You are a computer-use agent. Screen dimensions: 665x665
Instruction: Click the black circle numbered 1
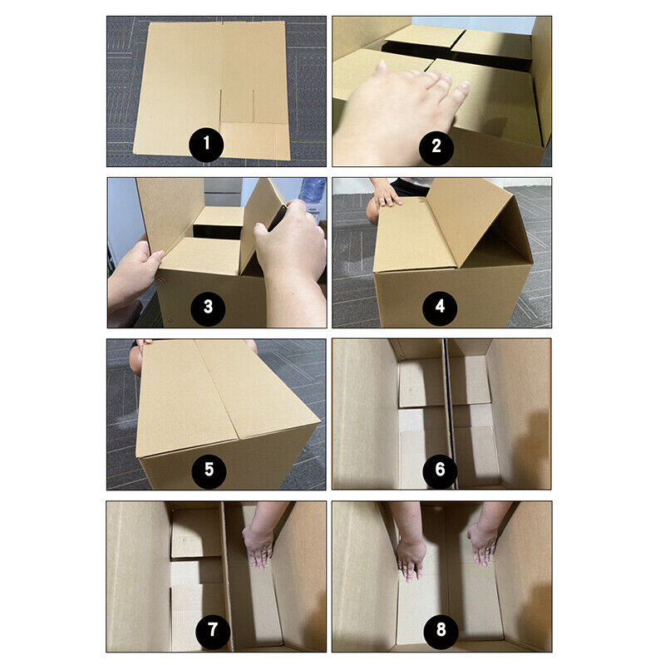206,146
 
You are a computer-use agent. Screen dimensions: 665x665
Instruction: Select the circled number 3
207,308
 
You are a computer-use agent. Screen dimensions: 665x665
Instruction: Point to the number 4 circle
439,308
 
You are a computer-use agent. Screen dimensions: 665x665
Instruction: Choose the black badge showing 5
208,470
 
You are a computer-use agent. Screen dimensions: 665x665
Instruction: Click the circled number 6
440,470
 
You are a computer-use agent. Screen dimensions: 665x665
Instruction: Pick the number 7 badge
213,631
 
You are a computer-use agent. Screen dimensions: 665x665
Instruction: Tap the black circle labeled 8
440,631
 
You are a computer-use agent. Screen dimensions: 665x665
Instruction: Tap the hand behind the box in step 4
387,195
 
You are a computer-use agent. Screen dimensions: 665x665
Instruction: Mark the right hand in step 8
484,540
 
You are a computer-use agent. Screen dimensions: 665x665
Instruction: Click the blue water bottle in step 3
313,193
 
